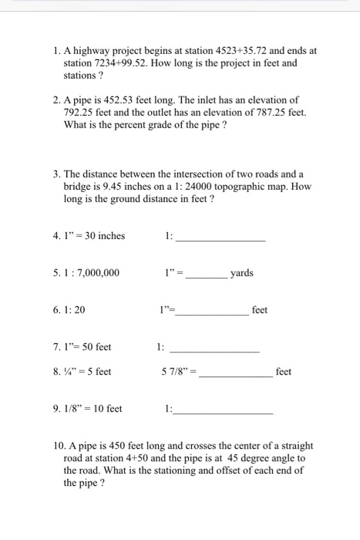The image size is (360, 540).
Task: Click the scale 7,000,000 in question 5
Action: pyautogui.click(x=98, y=272)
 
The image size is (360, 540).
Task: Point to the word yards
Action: pyautogui.click(x=242, y=272)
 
